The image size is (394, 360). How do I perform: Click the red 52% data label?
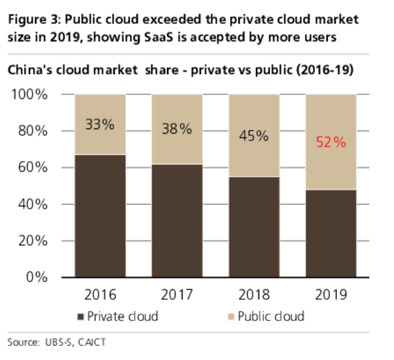coord(331,142)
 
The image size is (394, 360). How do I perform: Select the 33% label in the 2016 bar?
coord(100,124)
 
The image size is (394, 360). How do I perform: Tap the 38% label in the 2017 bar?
coord(177,129)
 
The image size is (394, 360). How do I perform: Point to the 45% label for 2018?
coord(253,135)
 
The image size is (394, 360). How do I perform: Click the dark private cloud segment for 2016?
coord(100,215)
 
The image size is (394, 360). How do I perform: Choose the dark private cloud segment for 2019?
coord(331,233)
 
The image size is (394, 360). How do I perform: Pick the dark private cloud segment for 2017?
coord(177,220)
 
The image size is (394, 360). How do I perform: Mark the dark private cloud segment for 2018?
coord(253,226)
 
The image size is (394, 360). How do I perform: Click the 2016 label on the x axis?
coord(100,294)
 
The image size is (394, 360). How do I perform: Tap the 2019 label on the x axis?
coord(331,294)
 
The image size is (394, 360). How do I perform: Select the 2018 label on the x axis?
coord(253,294)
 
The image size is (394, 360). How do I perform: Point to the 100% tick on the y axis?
coord(28,95)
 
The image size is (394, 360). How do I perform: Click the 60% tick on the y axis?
coord(31,168)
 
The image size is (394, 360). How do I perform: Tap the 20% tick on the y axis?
coord(31,241)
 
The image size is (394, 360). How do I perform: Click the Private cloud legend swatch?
coord(80,315)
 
